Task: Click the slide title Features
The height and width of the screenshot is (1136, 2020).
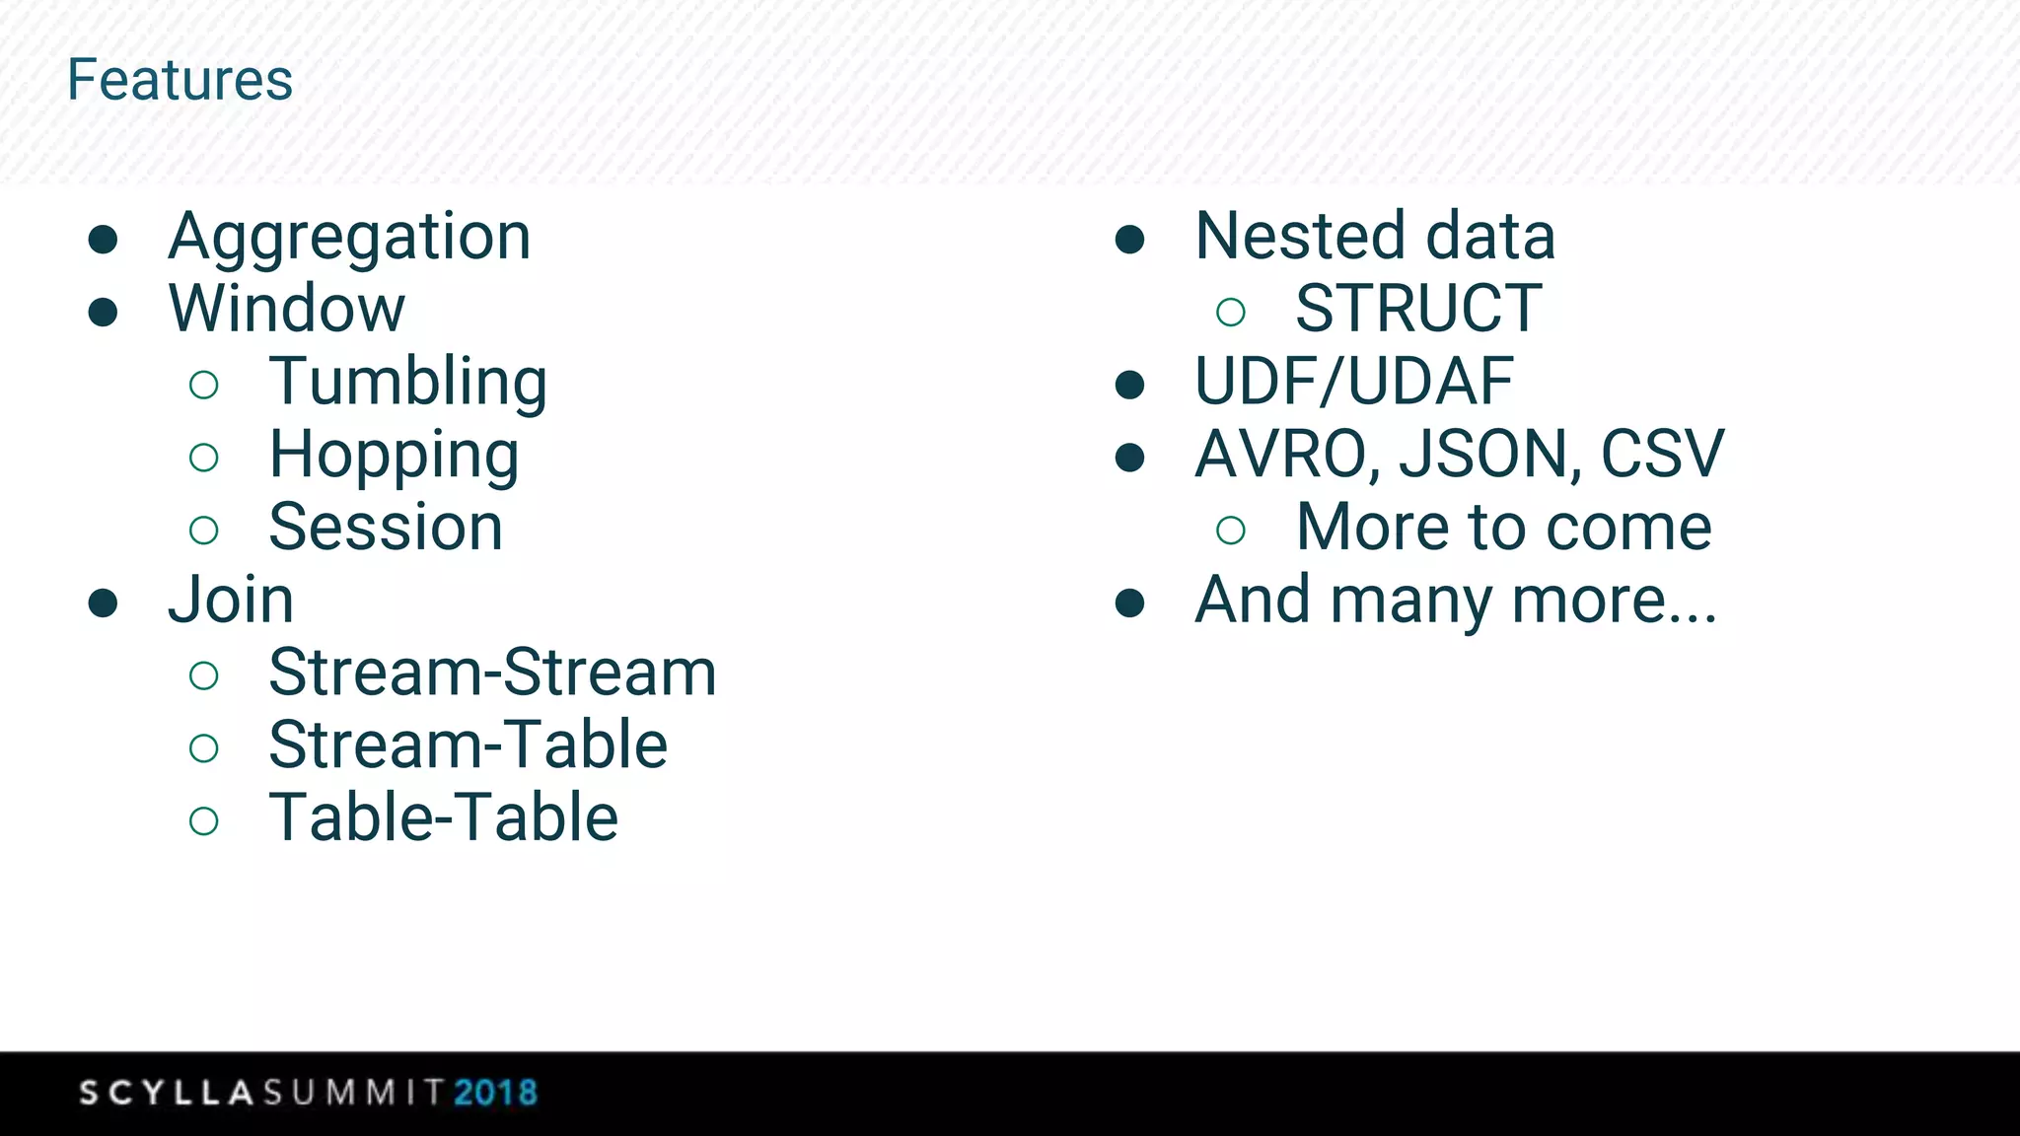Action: click(180, 80)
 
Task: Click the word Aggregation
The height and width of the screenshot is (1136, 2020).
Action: click(349, 237)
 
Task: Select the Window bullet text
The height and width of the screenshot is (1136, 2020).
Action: click(286, 309)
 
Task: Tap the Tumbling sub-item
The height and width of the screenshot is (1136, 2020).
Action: click(407, 383)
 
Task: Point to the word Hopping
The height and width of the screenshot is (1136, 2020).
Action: click(394, 456)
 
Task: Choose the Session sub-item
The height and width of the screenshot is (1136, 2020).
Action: click(386, 528)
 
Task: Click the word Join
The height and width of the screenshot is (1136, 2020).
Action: click(231, 600)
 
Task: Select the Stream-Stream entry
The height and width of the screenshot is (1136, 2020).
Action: click(492, 673)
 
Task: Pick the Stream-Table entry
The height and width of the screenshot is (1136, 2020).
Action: click(468, 745)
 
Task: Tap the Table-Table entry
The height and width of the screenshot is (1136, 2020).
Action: click(443, 817)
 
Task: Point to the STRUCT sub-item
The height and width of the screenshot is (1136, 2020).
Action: click(1417, 309)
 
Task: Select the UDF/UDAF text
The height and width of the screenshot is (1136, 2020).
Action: click(1353, 382)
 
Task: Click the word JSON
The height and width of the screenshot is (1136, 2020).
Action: click(1489, 455)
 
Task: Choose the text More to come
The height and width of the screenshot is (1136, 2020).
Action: click(1503, 528)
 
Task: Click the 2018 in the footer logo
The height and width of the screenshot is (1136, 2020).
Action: click(495, 1093)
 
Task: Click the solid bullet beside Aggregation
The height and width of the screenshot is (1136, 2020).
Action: click(104, 240)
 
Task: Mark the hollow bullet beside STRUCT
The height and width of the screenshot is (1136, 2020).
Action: click(1230, 313)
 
